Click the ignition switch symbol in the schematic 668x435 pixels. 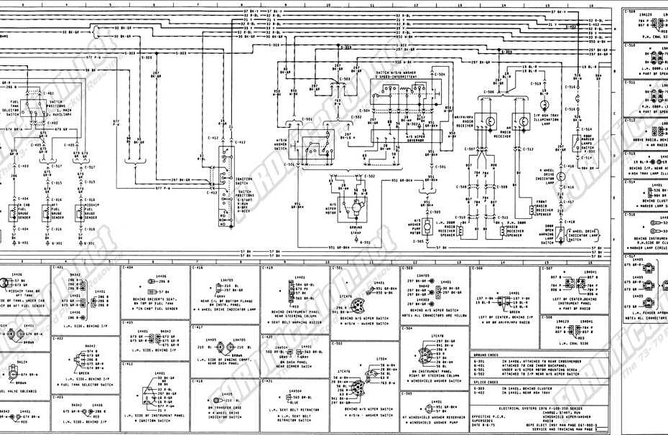(225, 186)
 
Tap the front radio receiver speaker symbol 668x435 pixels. (522, 209)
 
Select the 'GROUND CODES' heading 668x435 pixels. (488, 355)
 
